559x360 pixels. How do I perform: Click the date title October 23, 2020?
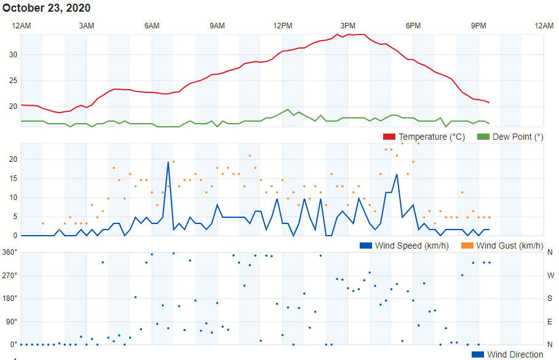coord(47,8)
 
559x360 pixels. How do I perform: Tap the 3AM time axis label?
coord(87,25)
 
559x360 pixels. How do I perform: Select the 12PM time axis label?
coord(282,25)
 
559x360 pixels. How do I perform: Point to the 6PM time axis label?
coord(413,25)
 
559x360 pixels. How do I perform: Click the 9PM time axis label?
coord(478,25)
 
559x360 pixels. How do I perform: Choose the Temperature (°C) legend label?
coord(432,137)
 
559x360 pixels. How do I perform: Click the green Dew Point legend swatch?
coord(483,137)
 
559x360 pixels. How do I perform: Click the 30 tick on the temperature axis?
coord(13,55)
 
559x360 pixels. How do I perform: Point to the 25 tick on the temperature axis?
coord(13,81)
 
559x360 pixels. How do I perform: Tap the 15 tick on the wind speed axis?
coord(13,178)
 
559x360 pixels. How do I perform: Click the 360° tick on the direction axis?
coord(9,252)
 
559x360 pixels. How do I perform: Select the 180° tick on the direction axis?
coord(9,298)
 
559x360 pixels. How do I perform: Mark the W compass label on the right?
coord(550,276)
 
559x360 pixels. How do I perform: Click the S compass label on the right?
coord(550,298)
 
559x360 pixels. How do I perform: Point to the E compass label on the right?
coord(550,321)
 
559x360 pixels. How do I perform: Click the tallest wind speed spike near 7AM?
coord(168,162)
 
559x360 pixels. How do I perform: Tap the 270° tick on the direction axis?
coord(9,275)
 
